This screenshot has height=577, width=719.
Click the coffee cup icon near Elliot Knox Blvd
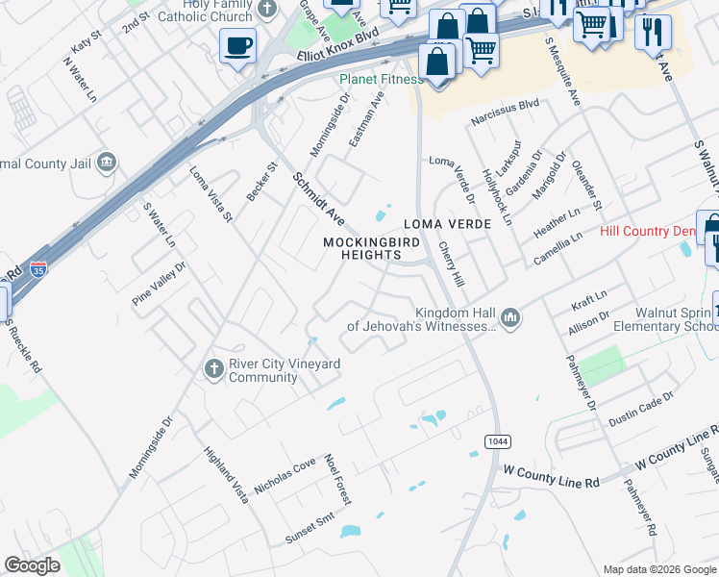tap(237, 45)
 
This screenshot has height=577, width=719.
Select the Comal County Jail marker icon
tap(108, 162)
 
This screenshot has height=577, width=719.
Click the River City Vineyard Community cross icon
tap(213, 367)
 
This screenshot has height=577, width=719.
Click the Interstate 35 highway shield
tap(38, 270)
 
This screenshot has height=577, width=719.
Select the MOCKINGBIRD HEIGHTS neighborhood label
tap(361, 248)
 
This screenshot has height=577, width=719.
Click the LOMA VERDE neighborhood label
tap(447, 224)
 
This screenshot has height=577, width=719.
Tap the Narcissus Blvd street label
tap(504, 121)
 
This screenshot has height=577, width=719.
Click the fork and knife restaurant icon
tap(653, 29)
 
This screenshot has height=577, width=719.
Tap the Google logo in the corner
tap(33, 565)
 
